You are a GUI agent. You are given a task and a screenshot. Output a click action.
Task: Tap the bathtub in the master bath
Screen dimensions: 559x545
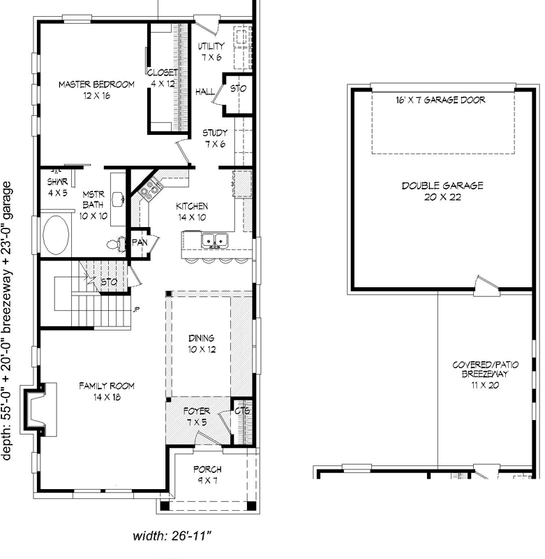tap(56, 236)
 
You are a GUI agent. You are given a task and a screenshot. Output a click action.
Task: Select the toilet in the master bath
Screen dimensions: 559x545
tap(114, 245)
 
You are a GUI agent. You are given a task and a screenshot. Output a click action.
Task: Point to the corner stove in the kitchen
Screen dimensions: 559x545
tap(149, 189)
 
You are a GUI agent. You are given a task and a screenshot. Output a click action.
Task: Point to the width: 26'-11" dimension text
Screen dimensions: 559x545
tap(172, 537)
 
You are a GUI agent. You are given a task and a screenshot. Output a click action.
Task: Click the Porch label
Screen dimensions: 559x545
tap(207, 474)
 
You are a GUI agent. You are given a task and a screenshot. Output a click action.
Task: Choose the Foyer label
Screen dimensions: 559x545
tap(197, 416)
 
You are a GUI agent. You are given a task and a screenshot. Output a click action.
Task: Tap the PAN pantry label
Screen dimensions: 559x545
tap(139, 242)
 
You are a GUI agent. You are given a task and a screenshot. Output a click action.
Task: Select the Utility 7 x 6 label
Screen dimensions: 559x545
tap(211, 51)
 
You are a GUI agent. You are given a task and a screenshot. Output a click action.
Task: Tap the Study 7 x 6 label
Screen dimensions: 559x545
tap(215, 138)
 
